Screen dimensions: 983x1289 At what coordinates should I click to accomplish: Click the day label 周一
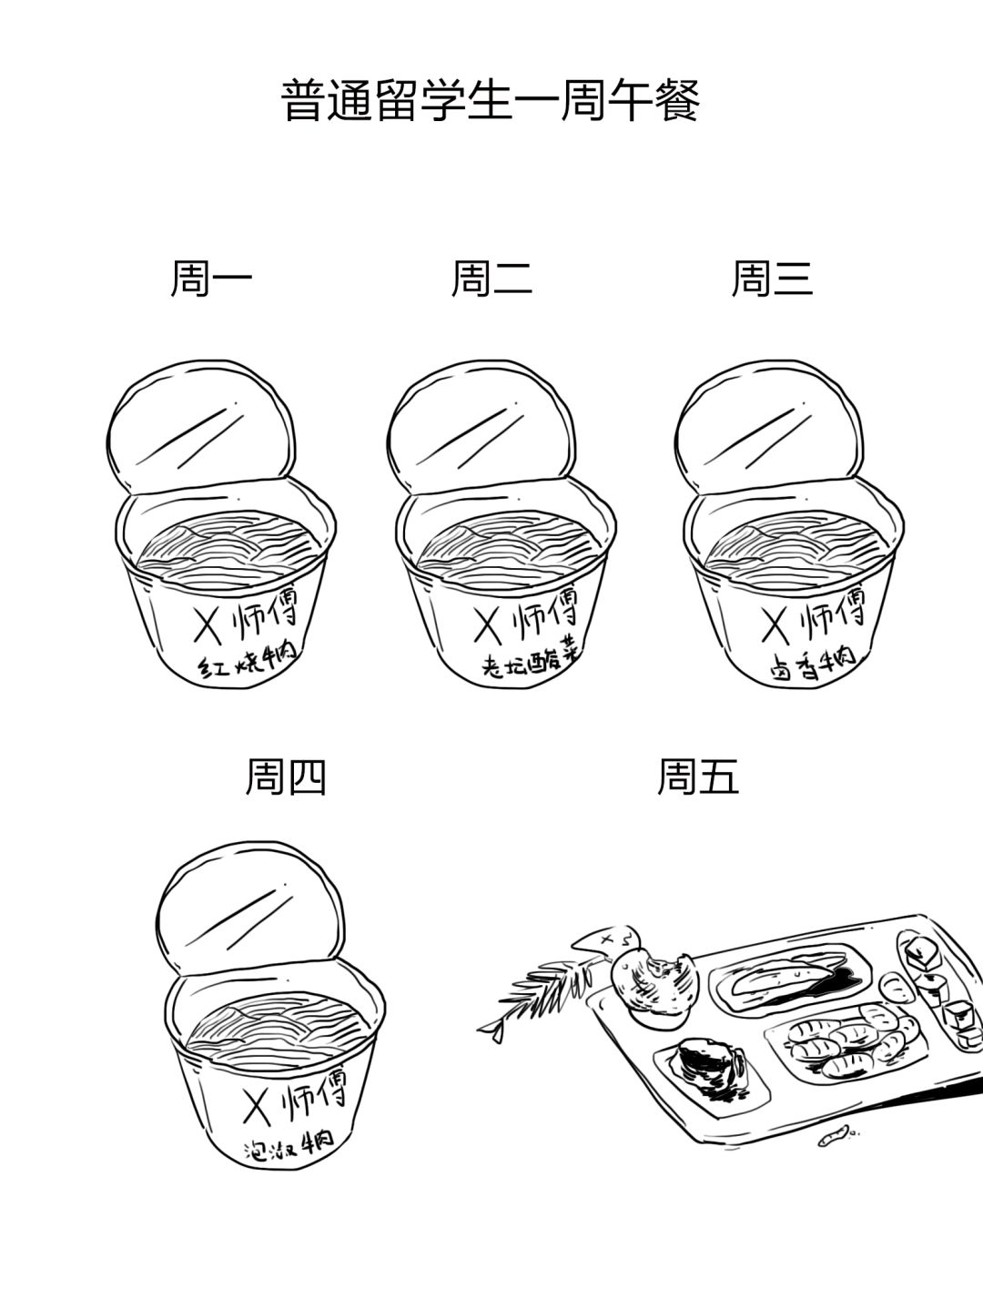[211, 279]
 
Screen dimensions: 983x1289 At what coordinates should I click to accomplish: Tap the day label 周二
[492, 279]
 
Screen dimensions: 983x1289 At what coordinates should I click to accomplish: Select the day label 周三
[772, 279]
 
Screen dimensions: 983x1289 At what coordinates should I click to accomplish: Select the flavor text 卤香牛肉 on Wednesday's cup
[812, 664]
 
